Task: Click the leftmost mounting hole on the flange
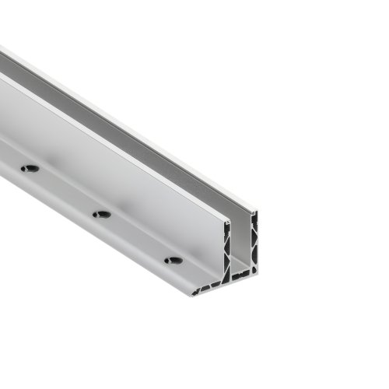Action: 30,168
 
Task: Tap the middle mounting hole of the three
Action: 101,214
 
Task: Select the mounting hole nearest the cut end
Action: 173,260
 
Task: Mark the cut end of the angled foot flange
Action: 206,288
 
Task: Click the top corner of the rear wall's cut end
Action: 254,210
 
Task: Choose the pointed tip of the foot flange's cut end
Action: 191,294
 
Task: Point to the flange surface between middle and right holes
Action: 138,241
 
